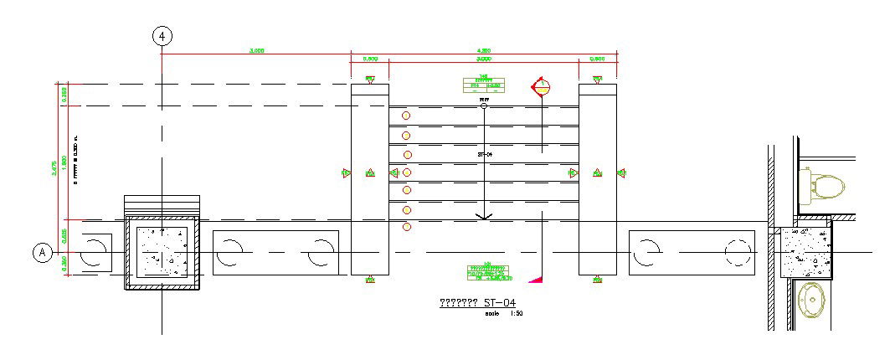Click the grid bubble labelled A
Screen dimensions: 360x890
coord(43,252)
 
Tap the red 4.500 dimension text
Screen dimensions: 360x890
coord(483,51)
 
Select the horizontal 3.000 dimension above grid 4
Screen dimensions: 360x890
coord(257,51)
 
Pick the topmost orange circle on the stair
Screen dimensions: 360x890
coord(406,116)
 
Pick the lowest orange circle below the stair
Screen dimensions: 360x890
coord(407,227)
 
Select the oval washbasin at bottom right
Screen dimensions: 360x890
coord(811,299)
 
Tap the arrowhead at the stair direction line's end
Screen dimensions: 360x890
coord(483,216)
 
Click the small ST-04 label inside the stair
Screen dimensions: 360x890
coord(485,155)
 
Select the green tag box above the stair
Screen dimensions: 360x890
coord(483,85)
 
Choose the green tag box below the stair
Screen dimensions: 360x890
coord(490,272)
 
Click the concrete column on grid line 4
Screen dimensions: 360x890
coord(162,252)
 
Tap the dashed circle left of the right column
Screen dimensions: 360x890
coord(738,252)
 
